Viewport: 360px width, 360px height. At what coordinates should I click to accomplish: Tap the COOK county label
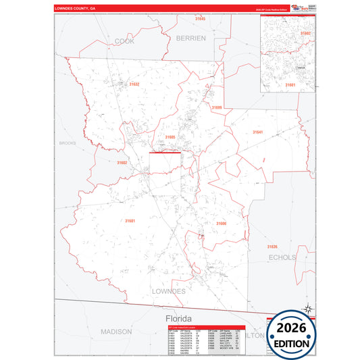point(124,41)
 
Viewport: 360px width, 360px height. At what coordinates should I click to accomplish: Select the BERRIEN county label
point(190,38)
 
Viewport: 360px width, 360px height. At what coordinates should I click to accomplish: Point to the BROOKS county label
point(68,143)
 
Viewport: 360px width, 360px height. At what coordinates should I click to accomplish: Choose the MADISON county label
point(116,332)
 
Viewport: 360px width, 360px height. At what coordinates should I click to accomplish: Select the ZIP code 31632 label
point(134,84)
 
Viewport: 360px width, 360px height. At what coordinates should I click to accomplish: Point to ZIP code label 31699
point(215,107)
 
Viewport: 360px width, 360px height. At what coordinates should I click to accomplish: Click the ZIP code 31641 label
point(257,132)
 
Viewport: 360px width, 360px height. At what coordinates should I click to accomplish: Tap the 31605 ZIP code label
point(170,137)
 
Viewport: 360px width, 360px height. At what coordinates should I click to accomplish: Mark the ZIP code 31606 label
point(221,224)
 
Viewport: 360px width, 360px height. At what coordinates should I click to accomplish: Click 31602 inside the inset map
point(305,32)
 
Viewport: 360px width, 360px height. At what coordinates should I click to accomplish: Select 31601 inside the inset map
point(290,84)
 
